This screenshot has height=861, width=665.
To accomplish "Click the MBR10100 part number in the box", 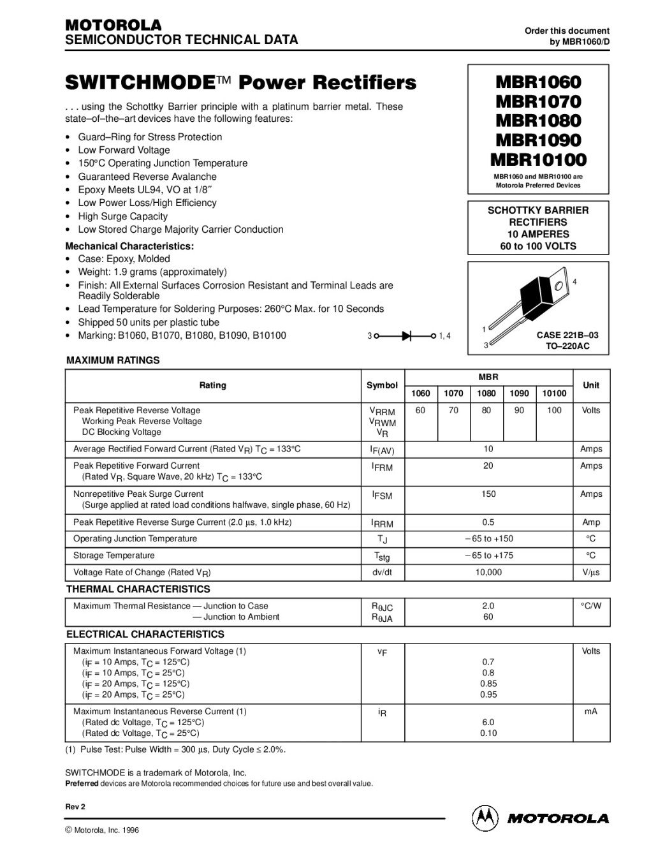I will pyautogui.click(x=538, y=159).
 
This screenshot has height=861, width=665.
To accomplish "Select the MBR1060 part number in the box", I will pyautogui.click(x=538, y=82).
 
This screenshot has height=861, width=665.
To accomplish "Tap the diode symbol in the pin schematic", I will pyautogui.click(x=406, y=335).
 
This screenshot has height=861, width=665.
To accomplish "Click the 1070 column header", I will pyautogui.click(x=453, y=394).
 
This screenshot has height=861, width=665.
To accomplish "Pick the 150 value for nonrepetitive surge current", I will pyautogui.click(x=488, y=494).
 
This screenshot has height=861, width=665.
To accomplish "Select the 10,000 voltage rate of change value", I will pyautogui.click(x=488, y=573).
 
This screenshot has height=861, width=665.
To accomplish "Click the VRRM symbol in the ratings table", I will pyautogui.click(x=382, y=412).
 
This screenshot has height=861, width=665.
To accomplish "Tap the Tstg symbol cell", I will pyautogui.click(x=382, y=556).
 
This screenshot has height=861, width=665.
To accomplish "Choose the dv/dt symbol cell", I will pyautogui.click(x=382, y=573).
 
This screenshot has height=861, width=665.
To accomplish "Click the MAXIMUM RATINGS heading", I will pyautogui.click(x=113, y=360).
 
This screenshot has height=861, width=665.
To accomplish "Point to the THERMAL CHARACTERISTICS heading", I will pyautogui.click(x=138, y=589).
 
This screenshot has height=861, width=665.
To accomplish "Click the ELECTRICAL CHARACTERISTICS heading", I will pyautogui.click(x=145, y=635).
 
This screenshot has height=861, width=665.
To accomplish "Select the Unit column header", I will pyautogui.click(x=591, y=385).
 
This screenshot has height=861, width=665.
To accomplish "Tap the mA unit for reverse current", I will pyautogui.click(x=591, y=712).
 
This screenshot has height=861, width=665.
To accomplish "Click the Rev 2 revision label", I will pyautogui.click(x=75, y=807).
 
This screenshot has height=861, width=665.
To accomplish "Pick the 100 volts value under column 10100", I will pyautogui.click(x=554, y=411).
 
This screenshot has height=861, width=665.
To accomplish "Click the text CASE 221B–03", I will pyautogui.click(x=567, y=335).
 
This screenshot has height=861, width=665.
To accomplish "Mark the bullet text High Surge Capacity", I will pyautogui.click(x=122, y=216).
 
